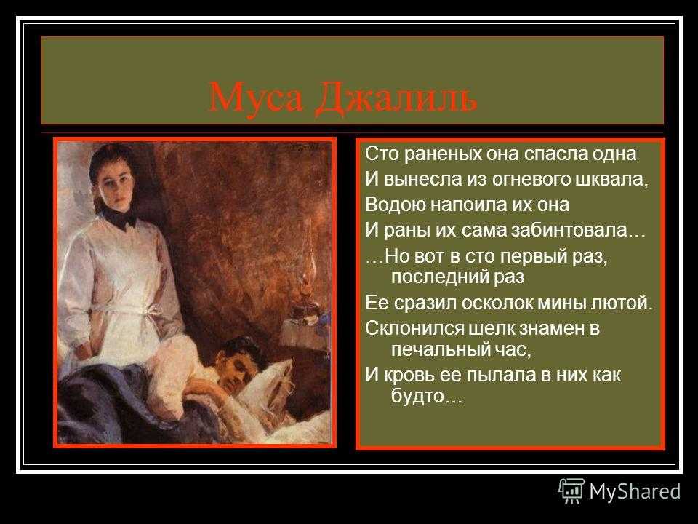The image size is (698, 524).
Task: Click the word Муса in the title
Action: click(x=256, y=97)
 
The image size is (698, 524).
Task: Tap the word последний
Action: click(x=439, y=277)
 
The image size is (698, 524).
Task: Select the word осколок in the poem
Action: click(x=496, y=303)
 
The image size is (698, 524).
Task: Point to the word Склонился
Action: click(x=414, y=328)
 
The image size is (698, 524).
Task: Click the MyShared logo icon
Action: click(x=571, y=491)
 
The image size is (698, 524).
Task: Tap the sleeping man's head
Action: click(x=238, y=361)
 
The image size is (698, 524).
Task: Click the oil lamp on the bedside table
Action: click(x=307, y=285)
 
